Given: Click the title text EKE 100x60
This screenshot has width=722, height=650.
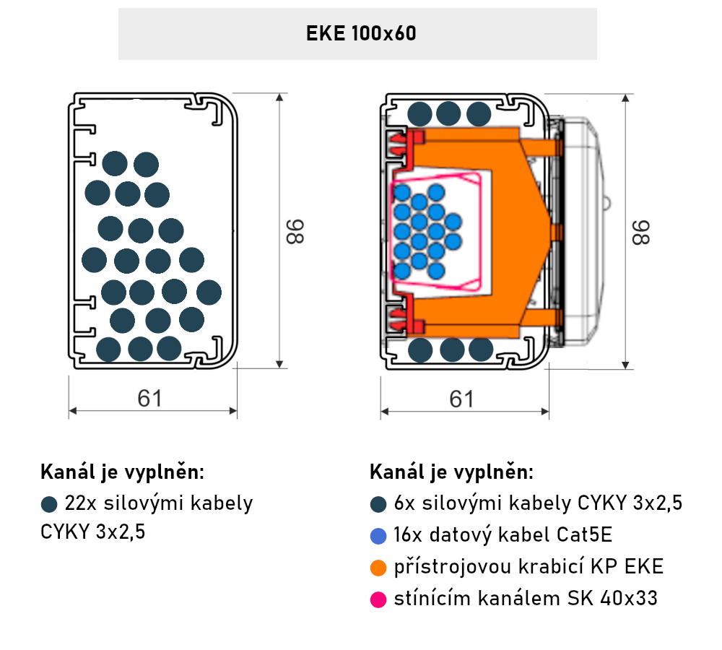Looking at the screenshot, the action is [361, 34].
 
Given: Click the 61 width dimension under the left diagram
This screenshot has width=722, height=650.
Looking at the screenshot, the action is [149, 399].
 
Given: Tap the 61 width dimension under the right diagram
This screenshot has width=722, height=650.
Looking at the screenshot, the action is [461, 399].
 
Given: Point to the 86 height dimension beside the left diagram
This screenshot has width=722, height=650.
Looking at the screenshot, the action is [295, 231].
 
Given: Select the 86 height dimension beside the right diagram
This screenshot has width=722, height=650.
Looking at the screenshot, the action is [640, 233].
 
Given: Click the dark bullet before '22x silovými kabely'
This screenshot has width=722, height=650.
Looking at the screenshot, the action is [49, 504].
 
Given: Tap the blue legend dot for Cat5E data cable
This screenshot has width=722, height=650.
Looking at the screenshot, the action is [378, 536].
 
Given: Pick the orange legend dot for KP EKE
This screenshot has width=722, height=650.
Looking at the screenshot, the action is [378, 568].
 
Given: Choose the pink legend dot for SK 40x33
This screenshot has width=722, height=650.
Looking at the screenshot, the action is [378, 599].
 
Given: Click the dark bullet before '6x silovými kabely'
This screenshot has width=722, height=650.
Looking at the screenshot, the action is [378, 504].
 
